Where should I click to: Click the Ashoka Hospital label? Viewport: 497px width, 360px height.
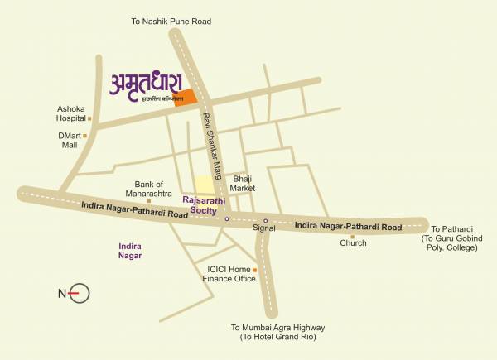71,113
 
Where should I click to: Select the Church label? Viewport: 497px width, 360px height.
353,243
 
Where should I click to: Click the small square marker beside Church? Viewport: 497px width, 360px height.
352,236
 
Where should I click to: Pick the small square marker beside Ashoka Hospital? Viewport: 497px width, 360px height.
89,118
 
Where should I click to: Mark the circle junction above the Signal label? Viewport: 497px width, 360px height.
265,221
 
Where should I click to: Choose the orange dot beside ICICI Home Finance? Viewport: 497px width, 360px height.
255,270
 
